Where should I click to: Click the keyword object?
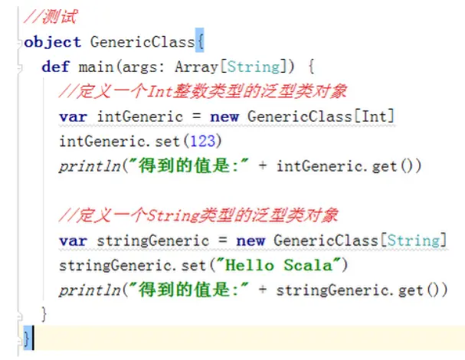(x=53, y=41)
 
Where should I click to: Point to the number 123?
(x=170, y=141)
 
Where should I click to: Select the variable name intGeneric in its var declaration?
(x=139, y=116)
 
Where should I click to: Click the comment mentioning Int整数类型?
(x=203, y=92)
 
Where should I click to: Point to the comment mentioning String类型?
(x=198, y=215)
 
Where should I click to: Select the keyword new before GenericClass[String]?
(x=250, y=241)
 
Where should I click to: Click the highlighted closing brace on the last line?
(x=28, y=337)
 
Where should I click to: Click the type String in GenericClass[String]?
(x=414, y=241)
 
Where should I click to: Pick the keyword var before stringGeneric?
(x=74, y=241)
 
